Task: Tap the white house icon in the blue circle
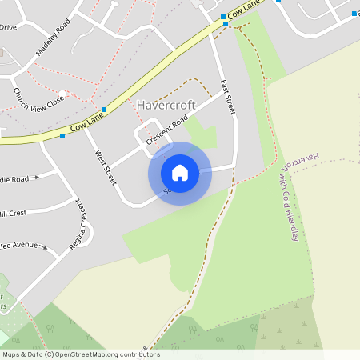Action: click(180, 173)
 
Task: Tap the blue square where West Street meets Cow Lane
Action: click(104, 109)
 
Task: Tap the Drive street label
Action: click(8, 27)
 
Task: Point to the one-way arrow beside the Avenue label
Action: click(53, 251)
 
